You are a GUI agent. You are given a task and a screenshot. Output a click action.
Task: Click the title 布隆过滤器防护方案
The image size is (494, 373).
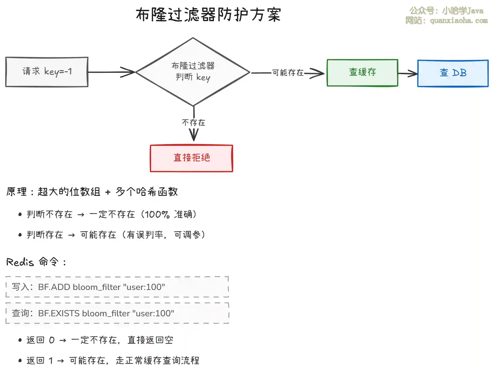pyautogui.click(x=208, y=15)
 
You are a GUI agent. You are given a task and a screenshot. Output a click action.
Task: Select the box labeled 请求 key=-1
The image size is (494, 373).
pyautogui.click(x=47, y=72)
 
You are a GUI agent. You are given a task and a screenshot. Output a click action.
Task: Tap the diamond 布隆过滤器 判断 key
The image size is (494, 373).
pyautogui.click(x=193, y=72)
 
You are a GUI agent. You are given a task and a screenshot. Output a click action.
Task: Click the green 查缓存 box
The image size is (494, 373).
pyautogui.click(x=362, y=72)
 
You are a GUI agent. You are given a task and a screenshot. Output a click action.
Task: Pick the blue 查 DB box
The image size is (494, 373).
pyautogui.click(x=453, y=73)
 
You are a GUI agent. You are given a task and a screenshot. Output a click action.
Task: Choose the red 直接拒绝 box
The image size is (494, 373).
pyautogui.click(x=192, y=158)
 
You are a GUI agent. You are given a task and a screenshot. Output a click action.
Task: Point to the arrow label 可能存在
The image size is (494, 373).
pyautogui.click(x=288, y=72)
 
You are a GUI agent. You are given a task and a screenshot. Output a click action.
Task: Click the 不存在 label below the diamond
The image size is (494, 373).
pyautogui.click(x=194, y=122)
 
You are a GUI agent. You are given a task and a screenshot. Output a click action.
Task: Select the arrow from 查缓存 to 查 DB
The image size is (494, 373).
pyautogui.click(x=408, y=73)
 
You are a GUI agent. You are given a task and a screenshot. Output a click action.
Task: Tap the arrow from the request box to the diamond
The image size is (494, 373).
pyautogui.click(x=111, y=72)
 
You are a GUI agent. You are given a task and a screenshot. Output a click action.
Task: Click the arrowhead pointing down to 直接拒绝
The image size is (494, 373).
pyautogui.click(x=194, y=135)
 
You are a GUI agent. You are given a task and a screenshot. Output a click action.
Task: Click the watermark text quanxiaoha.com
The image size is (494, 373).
pyautogui.click(x=459, y=21)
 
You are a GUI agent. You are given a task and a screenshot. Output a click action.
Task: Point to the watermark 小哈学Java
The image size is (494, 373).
pyautogui.click(x=463, y=11)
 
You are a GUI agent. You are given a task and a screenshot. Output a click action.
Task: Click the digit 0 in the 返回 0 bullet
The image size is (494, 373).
pyautogui.click(x=52, y=340)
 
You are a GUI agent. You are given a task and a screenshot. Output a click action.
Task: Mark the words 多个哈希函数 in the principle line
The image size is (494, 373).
pyautogui.click(x=147, y=192)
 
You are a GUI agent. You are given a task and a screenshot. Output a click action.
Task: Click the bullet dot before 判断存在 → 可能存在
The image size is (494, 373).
pyautogui.click(x=20, y=235)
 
